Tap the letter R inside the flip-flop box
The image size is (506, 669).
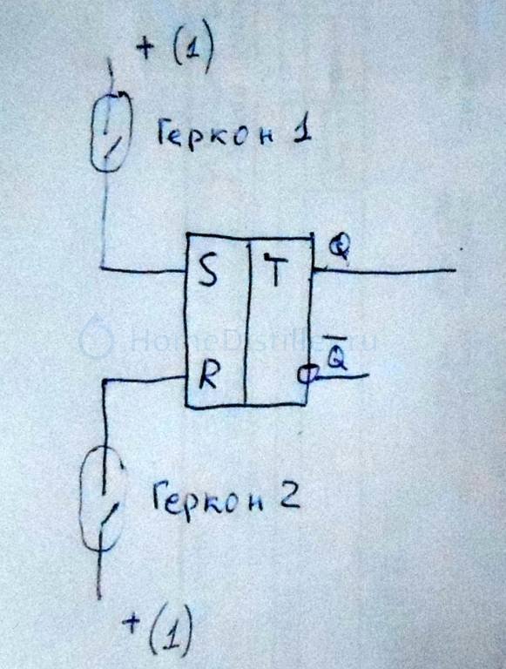point(209,375)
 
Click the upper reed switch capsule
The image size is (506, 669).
point(111,132)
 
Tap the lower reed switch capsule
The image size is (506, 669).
point(103,498)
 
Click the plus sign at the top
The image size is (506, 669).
point(145,48)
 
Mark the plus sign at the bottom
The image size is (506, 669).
point(132,623)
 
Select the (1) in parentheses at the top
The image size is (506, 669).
point(192,48)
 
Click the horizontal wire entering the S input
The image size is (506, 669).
point(144,269)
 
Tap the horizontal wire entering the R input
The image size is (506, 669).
point(145,379)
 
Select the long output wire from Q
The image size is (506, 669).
point(384,270)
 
